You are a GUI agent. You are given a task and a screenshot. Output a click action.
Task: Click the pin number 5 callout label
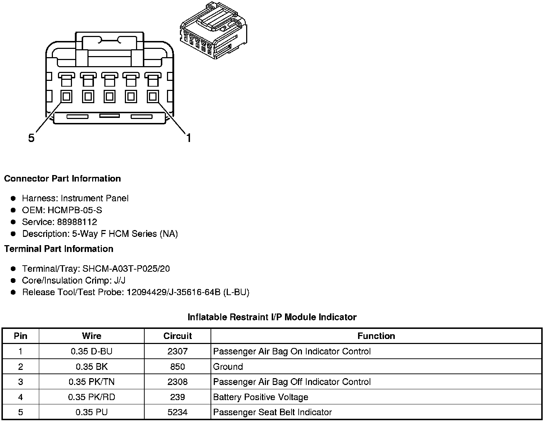[x=31, y=138]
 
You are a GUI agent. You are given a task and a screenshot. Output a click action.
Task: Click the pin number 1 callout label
[x=188, y=138]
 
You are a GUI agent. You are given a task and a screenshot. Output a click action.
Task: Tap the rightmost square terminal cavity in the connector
[x=153, y=96]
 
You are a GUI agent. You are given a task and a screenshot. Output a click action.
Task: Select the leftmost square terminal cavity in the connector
[x=66, y=96]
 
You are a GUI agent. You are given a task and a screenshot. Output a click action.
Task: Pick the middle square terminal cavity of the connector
[x=109, y=96]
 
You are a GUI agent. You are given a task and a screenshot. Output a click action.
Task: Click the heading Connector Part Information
[x=62, y=179]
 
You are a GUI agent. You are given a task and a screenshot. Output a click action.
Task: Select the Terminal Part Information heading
[x=59, y=249]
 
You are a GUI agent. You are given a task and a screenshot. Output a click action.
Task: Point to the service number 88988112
[x=77, y=222]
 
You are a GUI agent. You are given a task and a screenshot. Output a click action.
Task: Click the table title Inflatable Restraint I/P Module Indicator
[x=272, y=317]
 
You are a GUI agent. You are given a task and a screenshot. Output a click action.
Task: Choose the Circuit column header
[x=177, y=336]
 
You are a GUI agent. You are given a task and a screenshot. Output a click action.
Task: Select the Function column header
[x=376, y=336]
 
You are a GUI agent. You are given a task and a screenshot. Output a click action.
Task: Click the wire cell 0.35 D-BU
[x=91, y=351]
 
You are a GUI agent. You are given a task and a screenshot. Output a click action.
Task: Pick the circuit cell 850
[x=177, y=367]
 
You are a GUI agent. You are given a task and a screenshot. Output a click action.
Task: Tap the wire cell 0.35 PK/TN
[x=91, y=382]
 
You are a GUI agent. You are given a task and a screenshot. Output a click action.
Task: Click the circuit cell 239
[x=177, y=397]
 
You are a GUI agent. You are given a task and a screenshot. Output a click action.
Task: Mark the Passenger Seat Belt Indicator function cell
[x=272, y=412]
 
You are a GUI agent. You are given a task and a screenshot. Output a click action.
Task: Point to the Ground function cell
[x=228, y=367]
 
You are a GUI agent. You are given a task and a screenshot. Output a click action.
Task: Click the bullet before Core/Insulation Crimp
[x=13, y=280]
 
